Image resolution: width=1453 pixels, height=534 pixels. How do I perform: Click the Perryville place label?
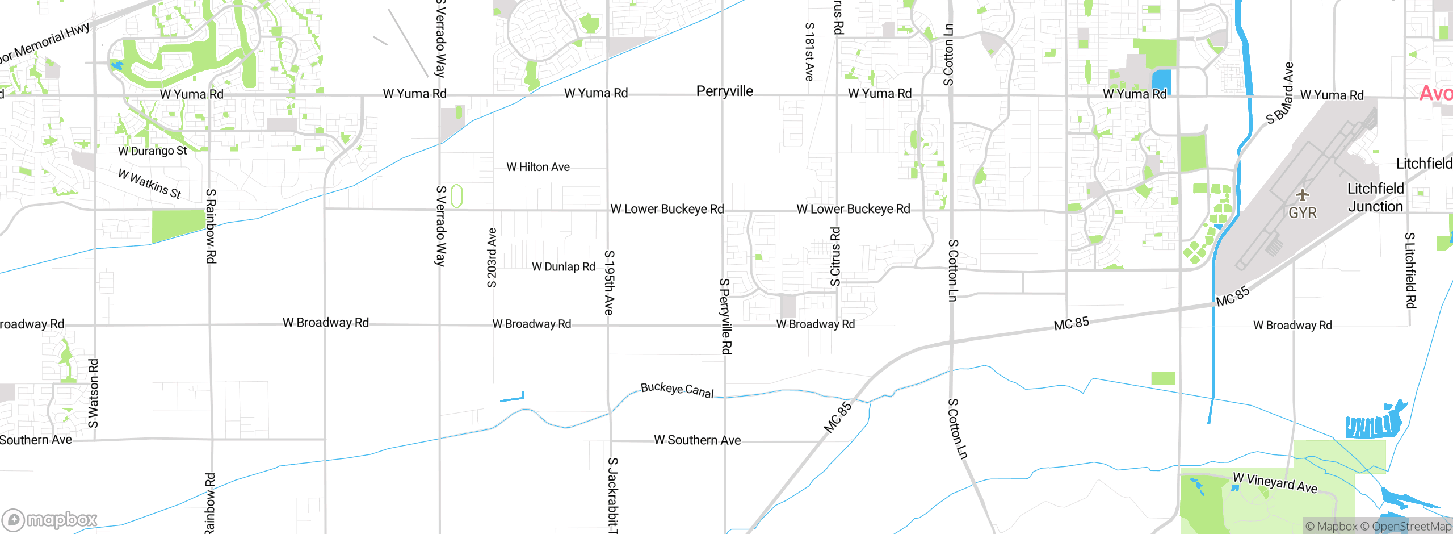[725, 91]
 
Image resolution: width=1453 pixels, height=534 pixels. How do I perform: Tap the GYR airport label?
[1303, 213]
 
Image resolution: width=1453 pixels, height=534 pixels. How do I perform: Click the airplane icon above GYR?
[1303, 195]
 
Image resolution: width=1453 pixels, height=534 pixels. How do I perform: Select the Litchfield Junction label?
[1375, 198]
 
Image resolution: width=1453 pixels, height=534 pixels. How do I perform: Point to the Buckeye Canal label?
[677, 390]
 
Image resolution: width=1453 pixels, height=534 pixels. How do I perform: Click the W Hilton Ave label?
[538, 167]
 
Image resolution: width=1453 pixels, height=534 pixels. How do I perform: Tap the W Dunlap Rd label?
[564, 266]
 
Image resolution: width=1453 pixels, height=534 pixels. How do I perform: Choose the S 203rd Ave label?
[492, 258]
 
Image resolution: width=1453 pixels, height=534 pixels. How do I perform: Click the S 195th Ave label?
[609, 282]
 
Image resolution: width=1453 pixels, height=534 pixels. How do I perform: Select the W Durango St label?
[153, 151]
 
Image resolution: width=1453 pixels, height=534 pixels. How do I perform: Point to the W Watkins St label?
[150, 183]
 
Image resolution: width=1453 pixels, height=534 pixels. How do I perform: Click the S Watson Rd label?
[94, 393]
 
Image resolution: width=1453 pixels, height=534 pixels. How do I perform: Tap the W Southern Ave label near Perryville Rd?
[697, 440]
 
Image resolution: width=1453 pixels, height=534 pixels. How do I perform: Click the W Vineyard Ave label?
[1275, 483]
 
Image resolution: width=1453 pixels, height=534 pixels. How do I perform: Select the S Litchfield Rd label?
[1410, 270]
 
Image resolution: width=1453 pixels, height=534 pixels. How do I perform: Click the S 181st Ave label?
[810, 52]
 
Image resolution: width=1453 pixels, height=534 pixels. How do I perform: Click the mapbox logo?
[49, 520]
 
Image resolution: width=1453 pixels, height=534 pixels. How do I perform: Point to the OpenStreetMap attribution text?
[1412, 527]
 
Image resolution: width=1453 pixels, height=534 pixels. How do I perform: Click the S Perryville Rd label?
[725, 316]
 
